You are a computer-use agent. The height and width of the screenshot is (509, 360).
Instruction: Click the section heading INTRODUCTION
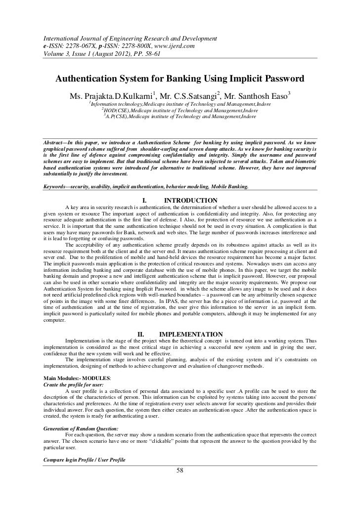pyautogui.click(x=190, y=200)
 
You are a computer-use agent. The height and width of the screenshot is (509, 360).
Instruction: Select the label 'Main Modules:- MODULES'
pyautogui.click(x=77, y=378)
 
